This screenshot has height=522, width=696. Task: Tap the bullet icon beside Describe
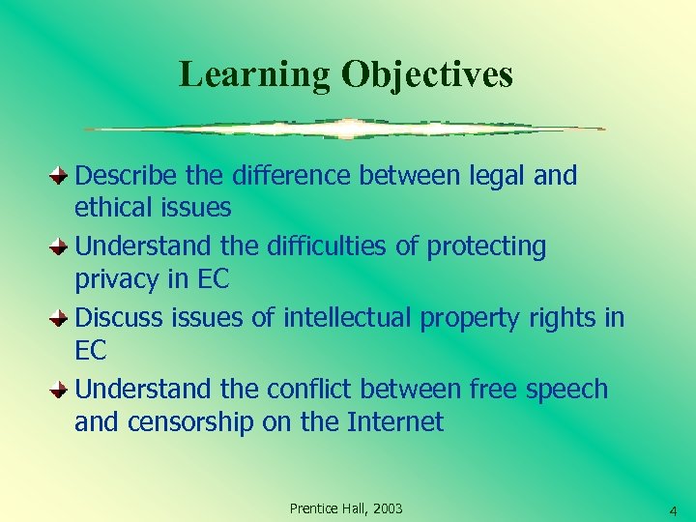point(59,176)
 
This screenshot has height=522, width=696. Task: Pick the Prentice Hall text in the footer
point(325,508)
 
